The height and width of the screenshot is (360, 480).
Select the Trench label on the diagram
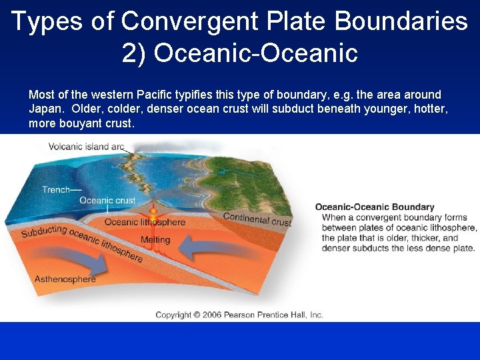click(56, 189)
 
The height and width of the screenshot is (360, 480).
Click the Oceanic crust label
click(107, 200)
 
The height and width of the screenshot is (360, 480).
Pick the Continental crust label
click(257, 219)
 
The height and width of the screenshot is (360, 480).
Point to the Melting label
click(155, 240)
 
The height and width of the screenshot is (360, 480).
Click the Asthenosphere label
click(65, 279)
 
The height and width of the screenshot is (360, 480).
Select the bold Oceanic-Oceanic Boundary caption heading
click(374, 207)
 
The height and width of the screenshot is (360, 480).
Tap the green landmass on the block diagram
click(253, 180)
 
